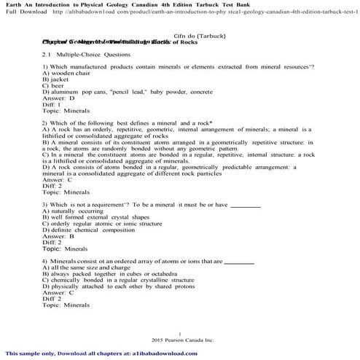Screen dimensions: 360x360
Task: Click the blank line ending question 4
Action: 239,262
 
